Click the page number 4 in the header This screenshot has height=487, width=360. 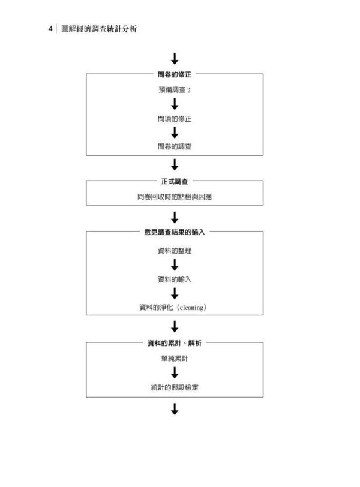coord(50,29)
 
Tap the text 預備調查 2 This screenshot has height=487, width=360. coord(175,90)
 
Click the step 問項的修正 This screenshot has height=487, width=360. coord(175,119)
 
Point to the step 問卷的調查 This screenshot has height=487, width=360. coord(175,146)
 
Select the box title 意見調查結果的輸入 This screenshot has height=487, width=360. coord(175,232)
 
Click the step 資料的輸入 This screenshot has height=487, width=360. coord(175,279)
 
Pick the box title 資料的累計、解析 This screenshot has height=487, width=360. coord(175,343)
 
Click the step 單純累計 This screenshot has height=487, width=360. coord(175,359)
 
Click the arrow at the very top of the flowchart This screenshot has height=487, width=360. coord(175,59)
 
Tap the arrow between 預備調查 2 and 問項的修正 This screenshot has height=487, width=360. coord(175,104)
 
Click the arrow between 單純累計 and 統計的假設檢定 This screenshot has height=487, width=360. coord(175,373)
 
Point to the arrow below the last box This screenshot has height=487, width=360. coord(175,410)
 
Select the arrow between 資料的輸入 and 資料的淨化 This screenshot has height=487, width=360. coord(175,293)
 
